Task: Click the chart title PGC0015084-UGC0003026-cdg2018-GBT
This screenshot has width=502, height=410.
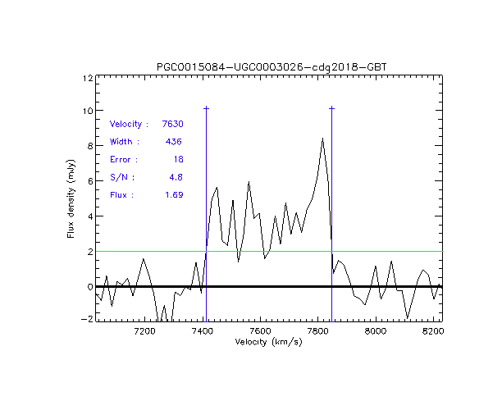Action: [272, 66]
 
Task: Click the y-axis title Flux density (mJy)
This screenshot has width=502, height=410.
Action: [71, 199]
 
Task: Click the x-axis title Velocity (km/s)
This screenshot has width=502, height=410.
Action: [268, 341]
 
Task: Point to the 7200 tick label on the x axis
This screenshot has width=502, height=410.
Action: [144, 331]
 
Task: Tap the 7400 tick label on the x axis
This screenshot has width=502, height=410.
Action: [203, 331]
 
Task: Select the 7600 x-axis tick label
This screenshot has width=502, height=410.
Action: [260, 331]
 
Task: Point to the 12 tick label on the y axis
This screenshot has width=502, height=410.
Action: [87, 79]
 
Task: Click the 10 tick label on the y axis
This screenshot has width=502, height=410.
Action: [87, 111]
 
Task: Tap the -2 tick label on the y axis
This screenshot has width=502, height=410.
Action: [87, 319]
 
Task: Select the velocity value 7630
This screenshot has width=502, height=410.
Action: [172, 125]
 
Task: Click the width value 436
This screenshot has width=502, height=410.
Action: [174, 142]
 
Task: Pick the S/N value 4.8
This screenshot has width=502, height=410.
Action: [176, 177]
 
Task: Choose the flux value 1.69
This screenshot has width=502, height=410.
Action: [173, 195]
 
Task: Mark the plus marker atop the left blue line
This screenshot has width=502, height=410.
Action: [206, 108]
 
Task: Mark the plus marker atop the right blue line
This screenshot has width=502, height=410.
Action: [331, 108]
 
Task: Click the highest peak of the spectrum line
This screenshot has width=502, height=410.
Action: [322, 139]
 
